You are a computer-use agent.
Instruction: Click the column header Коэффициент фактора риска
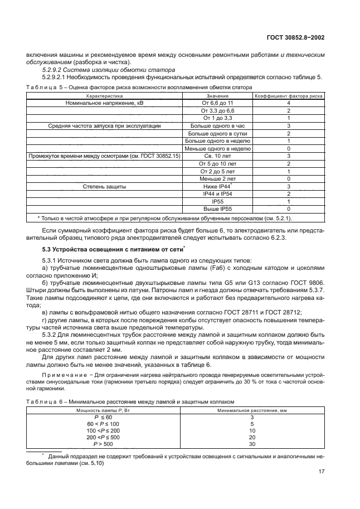click(289, 96)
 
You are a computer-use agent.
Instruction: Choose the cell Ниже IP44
click(216, 186)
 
